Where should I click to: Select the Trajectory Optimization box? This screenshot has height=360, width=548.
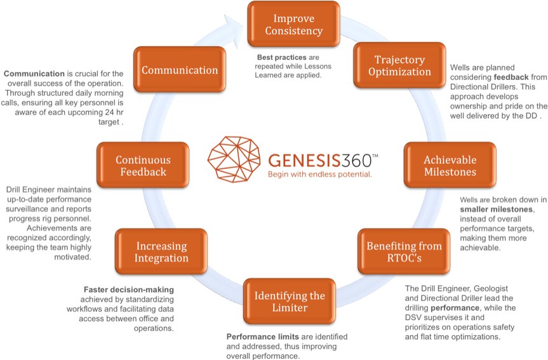(x=399, y=65)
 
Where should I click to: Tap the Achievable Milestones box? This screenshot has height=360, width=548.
(x=450, y=166)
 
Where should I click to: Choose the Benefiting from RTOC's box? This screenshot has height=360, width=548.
(x=404, y=252)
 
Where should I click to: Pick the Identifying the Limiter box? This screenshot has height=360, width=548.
(x=290, y=301)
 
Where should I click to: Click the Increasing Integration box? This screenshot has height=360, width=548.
(x=161, y=251)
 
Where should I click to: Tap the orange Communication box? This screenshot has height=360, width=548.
(x=179, y=70)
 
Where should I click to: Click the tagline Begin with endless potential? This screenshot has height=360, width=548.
(x=319, y=173)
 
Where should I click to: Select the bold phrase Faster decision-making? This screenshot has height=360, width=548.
(x=128, y=290)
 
